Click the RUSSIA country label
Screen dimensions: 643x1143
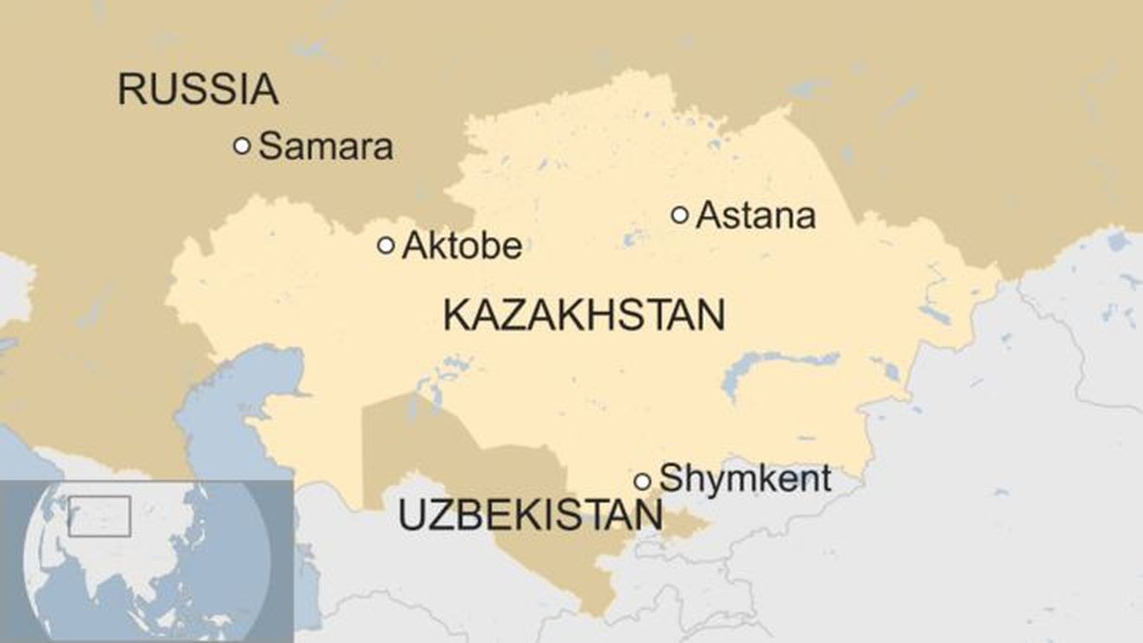tap(197, 89)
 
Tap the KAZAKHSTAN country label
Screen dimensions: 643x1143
tap(584, 315)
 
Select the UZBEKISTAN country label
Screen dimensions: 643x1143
tap(530, 516)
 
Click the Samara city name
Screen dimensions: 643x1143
tap(326, 146)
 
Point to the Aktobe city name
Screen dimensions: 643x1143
tap(462, 247)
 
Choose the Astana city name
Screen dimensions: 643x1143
tap(755, 215)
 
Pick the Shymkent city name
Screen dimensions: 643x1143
tap(746, 479)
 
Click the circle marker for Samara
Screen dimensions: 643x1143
tap(242, 146)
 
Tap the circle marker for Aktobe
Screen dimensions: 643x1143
tap(386, 246)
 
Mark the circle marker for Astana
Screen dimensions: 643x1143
tap(680, 215)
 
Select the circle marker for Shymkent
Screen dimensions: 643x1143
tap(643, 481)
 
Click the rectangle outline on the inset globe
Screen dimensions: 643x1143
tap(100, 516)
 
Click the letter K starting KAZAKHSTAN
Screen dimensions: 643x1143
tap(455, 315)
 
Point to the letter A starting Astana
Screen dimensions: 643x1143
tap(709, 215)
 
